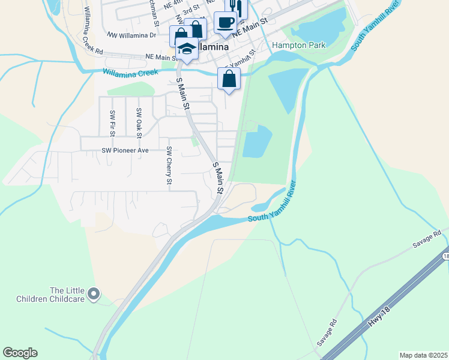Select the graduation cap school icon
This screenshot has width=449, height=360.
coord(187,48)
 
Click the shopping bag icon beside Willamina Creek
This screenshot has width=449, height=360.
coord(229,78)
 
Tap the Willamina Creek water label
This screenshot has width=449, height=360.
coord(130,72)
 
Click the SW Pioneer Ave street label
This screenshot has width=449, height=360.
coord(125,150)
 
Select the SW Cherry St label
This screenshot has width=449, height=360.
coord(169,165)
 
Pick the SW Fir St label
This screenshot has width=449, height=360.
coord(112,121)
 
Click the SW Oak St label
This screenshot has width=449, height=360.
coord(139,121)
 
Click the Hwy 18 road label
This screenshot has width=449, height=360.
coord(376,320)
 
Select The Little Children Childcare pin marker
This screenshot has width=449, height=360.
coord(93,294)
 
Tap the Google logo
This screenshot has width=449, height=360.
coord(20,353)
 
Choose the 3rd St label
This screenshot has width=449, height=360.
coord(191,11)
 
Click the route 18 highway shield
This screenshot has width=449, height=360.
coord(445,256)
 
